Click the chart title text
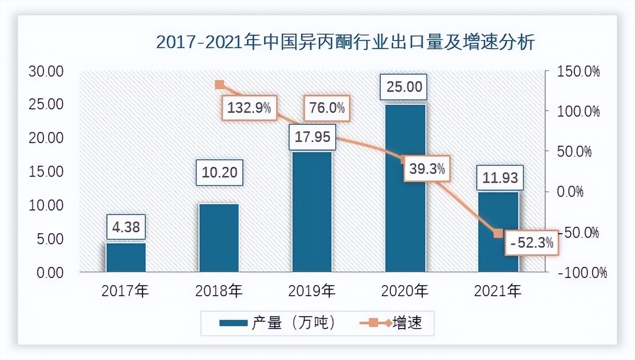point(345,42)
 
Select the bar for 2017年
point(126,257)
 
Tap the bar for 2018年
point(219,238)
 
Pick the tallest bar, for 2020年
point(405,188)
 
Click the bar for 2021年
point(498,232)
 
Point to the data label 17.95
point(312,137)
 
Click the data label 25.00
point(404,87)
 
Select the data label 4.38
point(126,226)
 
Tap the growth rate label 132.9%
point(249,108)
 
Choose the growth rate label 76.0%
point(326,108)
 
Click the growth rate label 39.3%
point(427,169)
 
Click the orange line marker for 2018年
point(219,85)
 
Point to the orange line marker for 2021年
point(498,234)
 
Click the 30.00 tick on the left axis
point(46,71)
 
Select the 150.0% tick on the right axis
point(576,71)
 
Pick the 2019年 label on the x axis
point(312,291)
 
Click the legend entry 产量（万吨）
point(277,323)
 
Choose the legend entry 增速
point(391,323)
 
